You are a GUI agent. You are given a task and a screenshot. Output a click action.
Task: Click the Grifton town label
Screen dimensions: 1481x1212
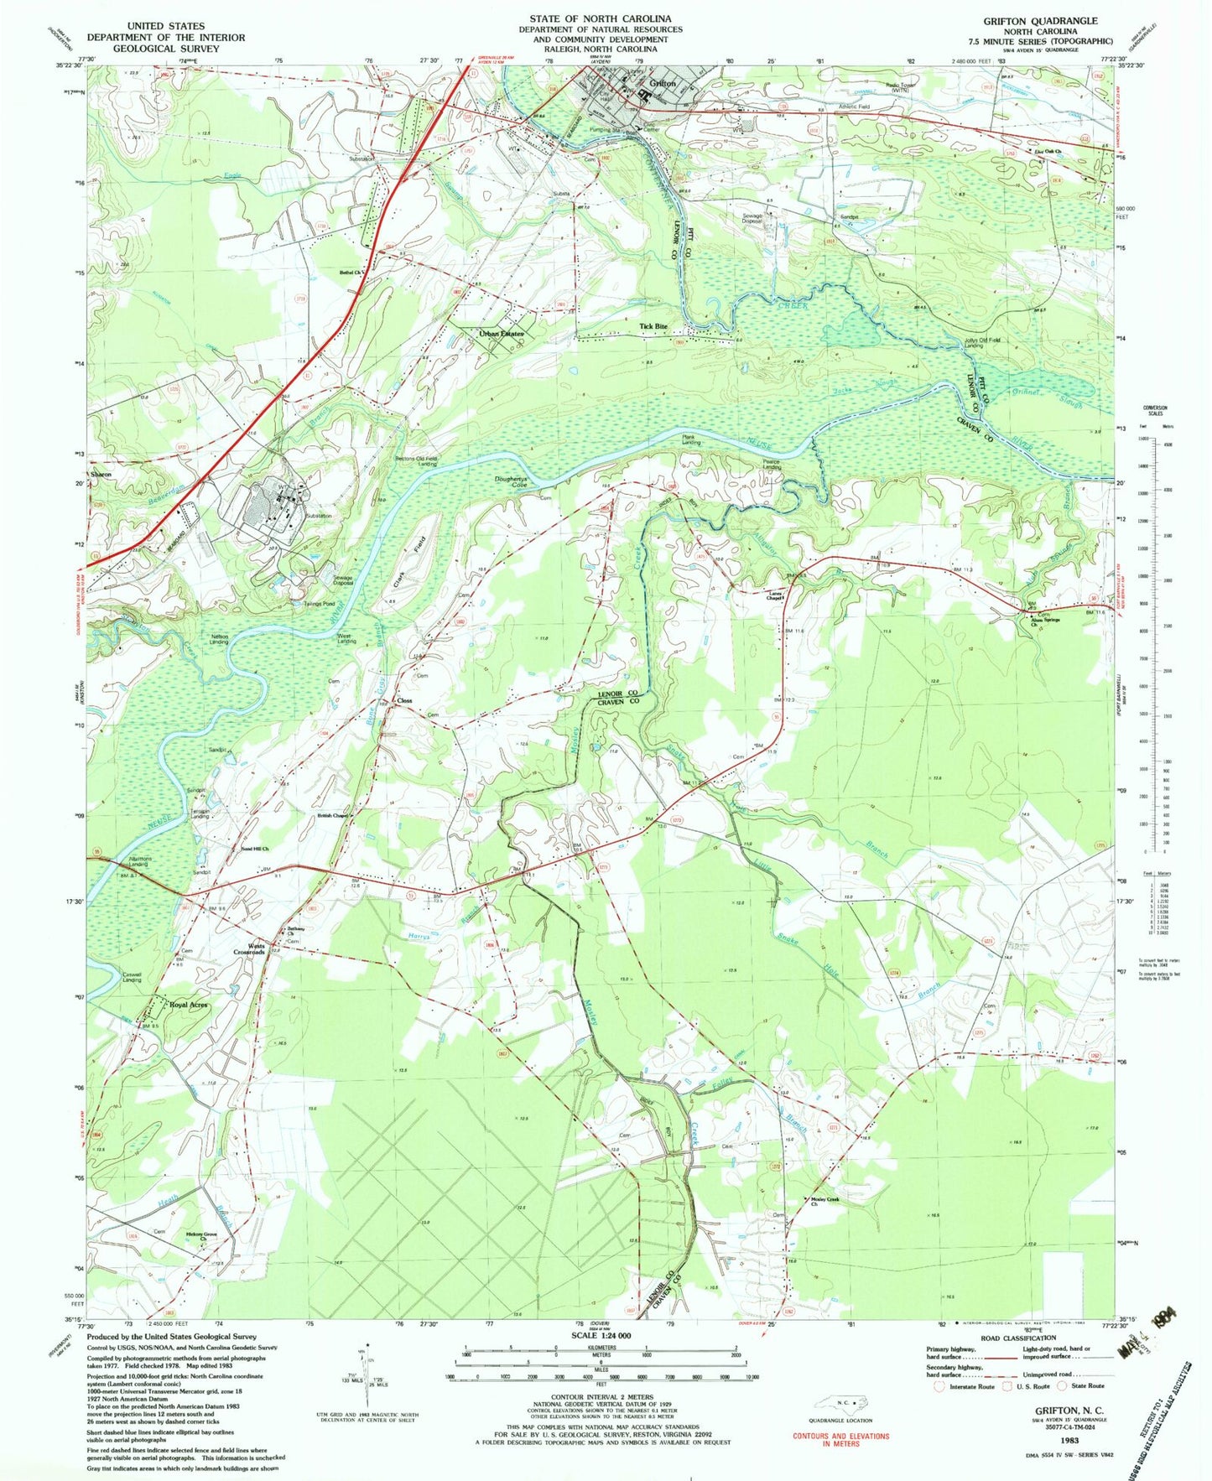tap(663, 84)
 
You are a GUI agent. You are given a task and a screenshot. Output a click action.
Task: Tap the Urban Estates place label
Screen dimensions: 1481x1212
tap(501, 334)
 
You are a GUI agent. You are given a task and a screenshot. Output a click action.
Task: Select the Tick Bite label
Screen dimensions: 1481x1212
tap(653, 326)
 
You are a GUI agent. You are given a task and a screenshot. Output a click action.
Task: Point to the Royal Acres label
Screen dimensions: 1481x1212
tap(188, 1004)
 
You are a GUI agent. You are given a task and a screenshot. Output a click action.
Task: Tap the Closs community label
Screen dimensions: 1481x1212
tap(404, 700)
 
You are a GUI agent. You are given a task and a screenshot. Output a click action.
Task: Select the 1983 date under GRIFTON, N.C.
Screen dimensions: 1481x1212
tap(1069, 1440)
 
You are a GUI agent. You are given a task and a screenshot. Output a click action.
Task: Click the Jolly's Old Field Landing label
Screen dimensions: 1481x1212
tap(960, 342)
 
